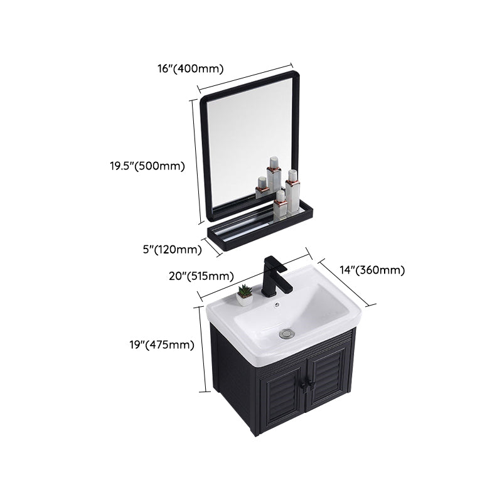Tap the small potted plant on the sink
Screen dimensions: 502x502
point(245,295)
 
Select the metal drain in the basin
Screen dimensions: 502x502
point(286,333)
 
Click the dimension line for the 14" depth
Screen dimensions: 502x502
point(347,282)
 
